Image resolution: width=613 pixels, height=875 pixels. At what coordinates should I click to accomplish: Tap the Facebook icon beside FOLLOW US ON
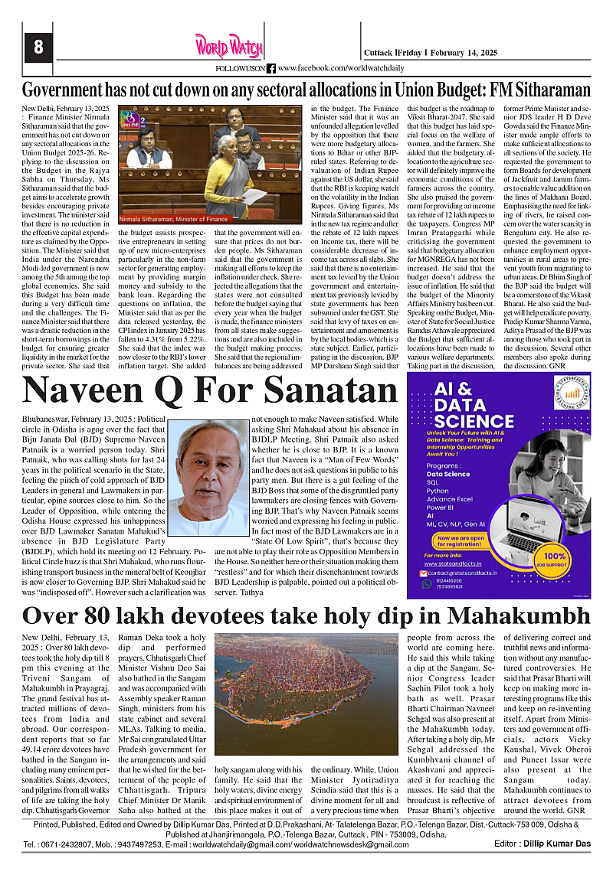[x=271, y=68]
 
